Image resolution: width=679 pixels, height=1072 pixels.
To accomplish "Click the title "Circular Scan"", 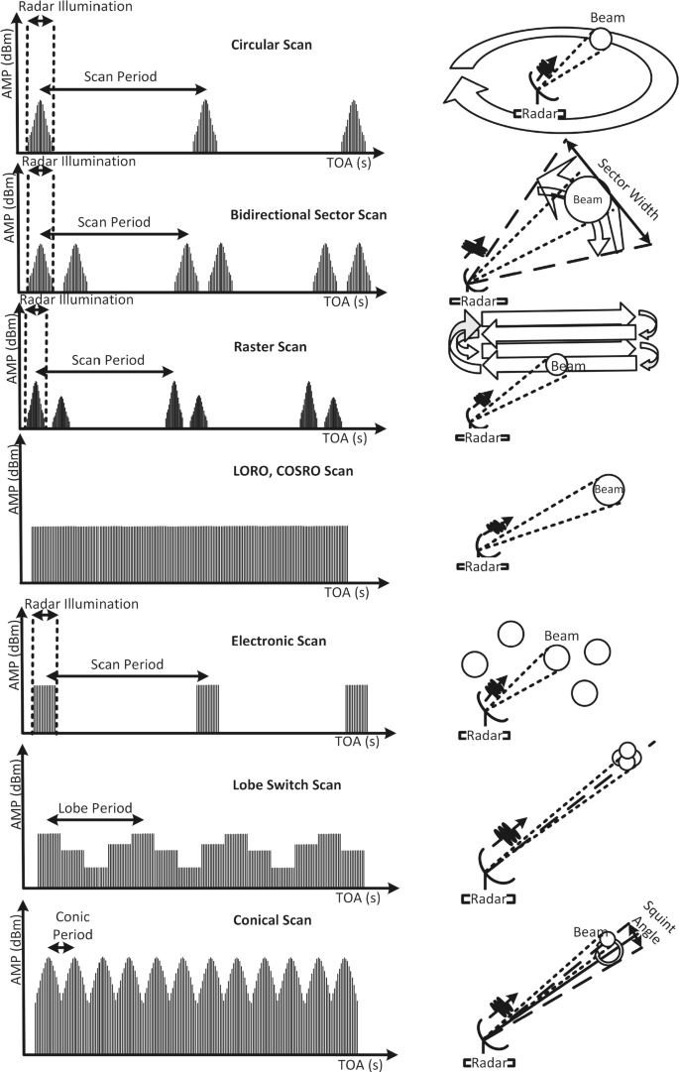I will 271,46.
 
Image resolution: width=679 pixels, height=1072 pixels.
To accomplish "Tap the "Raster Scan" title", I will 268,347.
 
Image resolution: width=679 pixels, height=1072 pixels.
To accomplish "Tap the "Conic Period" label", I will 73,925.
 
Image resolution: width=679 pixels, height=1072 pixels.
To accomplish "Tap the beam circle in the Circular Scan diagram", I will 601,40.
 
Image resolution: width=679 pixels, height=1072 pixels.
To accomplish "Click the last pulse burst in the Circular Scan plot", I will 355,127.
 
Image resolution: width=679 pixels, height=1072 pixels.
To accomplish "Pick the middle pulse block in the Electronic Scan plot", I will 207,707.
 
